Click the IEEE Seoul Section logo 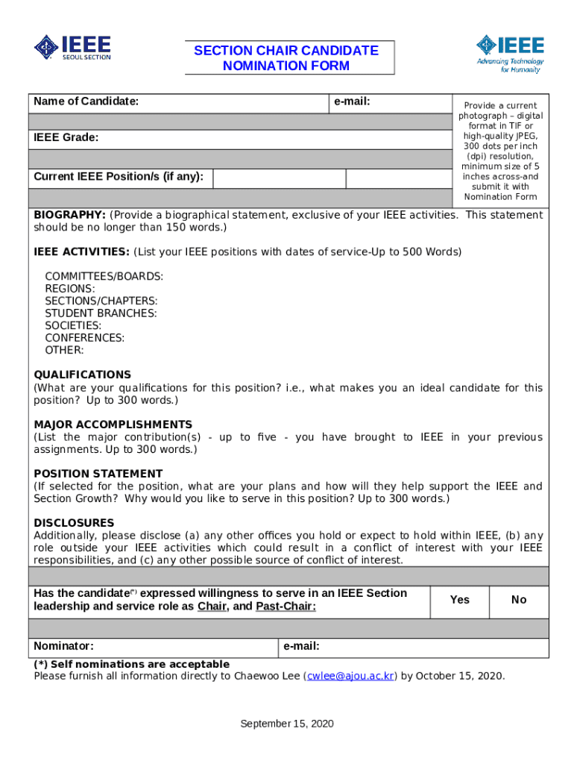tap(72, 48)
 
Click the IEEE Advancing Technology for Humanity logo tap(511, 53)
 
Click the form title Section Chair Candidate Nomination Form tap(286, 58)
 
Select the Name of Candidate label tap(86, 101)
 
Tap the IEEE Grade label tap(66, 138)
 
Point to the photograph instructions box tap(500, 151)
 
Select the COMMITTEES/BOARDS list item tap(104, 276)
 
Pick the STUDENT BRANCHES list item tap(101, 313)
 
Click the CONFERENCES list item tap(84, 338)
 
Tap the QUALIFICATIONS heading tap(82, 375)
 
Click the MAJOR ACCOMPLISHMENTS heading tap(113, 424)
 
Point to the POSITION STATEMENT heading tap(98, 474)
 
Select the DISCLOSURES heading tap(74, 523)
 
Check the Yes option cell tap(460, 600)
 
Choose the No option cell tap(519, 600)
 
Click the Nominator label tap(63, 646)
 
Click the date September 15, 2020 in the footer tap(286, 724)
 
